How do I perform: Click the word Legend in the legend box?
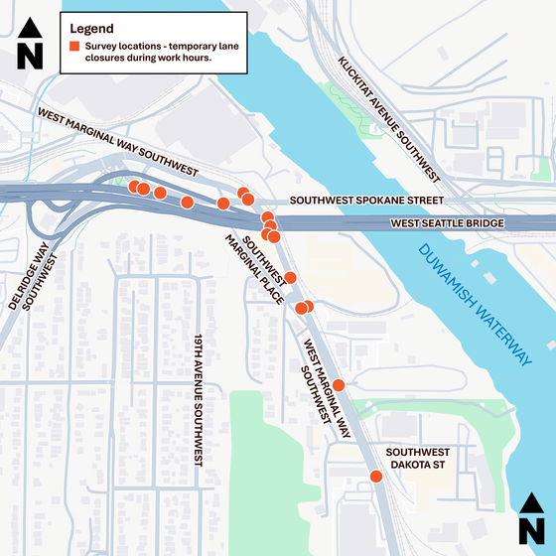[x=91, y=29]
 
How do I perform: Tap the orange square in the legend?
[x=74, y=48]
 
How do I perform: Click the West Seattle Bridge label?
[x=447, y=224]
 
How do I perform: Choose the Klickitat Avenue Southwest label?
[x=388, y=119]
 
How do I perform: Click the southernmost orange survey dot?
[x=375, y=477]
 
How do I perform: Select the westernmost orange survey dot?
[x=134, y=186]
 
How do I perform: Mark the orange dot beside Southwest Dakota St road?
[x=375, y=477]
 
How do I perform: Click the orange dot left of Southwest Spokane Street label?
[x=248, y=200]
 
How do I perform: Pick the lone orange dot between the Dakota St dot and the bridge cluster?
[x=339, y=384]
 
